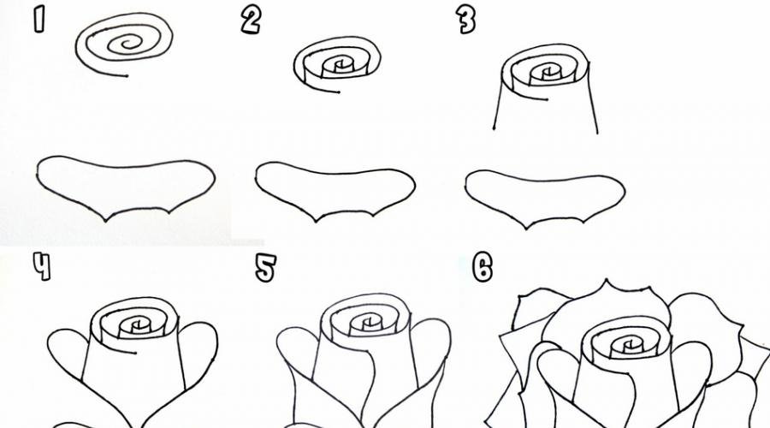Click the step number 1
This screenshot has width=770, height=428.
click(38, 20)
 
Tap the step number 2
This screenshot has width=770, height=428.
click(251, 21)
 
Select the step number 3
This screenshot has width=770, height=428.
click(465, 21)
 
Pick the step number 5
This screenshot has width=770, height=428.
click(266, 268)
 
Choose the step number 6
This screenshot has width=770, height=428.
click(483, 268)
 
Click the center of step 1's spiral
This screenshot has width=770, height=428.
click(128, 44)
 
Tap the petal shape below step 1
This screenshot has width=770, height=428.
click(125, 187)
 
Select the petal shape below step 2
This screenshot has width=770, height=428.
click(335, 191)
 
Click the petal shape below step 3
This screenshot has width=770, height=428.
click(545, 199)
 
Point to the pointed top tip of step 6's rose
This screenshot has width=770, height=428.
click(607, 280)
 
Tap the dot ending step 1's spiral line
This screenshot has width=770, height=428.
click(127, 76)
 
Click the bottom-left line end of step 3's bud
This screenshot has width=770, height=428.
click(494, 128)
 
